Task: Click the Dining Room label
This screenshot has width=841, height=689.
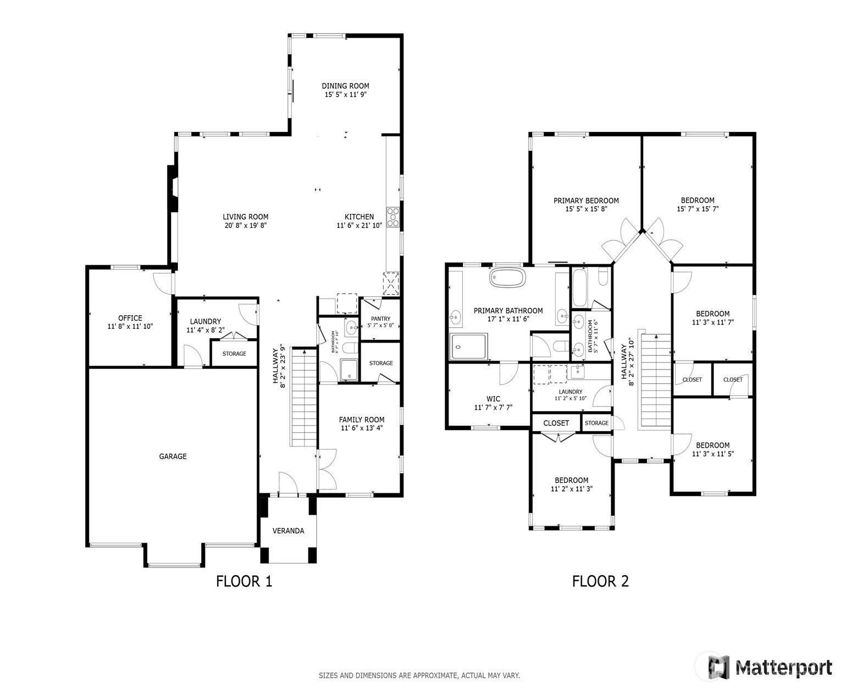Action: (345, 86)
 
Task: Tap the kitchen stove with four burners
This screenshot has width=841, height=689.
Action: (393, 217)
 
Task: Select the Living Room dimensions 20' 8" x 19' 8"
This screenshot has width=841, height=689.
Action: (245, 225)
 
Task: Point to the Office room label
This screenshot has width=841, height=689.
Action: (130, 318)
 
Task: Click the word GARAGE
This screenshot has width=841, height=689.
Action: (173, 456)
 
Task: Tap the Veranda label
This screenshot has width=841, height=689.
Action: (289, 531)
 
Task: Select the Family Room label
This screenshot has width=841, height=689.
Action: (361, 420)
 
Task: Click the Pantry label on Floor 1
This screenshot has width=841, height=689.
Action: (380, 318)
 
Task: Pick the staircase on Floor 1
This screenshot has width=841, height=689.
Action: (303, 397)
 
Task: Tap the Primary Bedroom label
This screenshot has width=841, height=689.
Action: (586, 201)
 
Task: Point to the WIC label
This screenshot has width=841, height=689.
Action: (493, 399)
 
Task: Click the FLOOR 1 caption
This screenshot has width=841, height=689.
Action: (244, 581)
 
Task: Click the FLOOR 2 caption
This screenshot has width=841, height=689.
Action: (600, 581)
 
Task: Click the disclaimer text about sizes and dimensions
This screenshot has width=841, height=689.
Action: (419, 675)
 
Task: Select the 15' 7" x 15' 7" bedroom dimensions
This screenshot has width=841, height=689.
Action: (698, 209)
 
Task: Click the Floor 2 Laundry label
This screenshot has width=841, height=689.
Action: (571, 392)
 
